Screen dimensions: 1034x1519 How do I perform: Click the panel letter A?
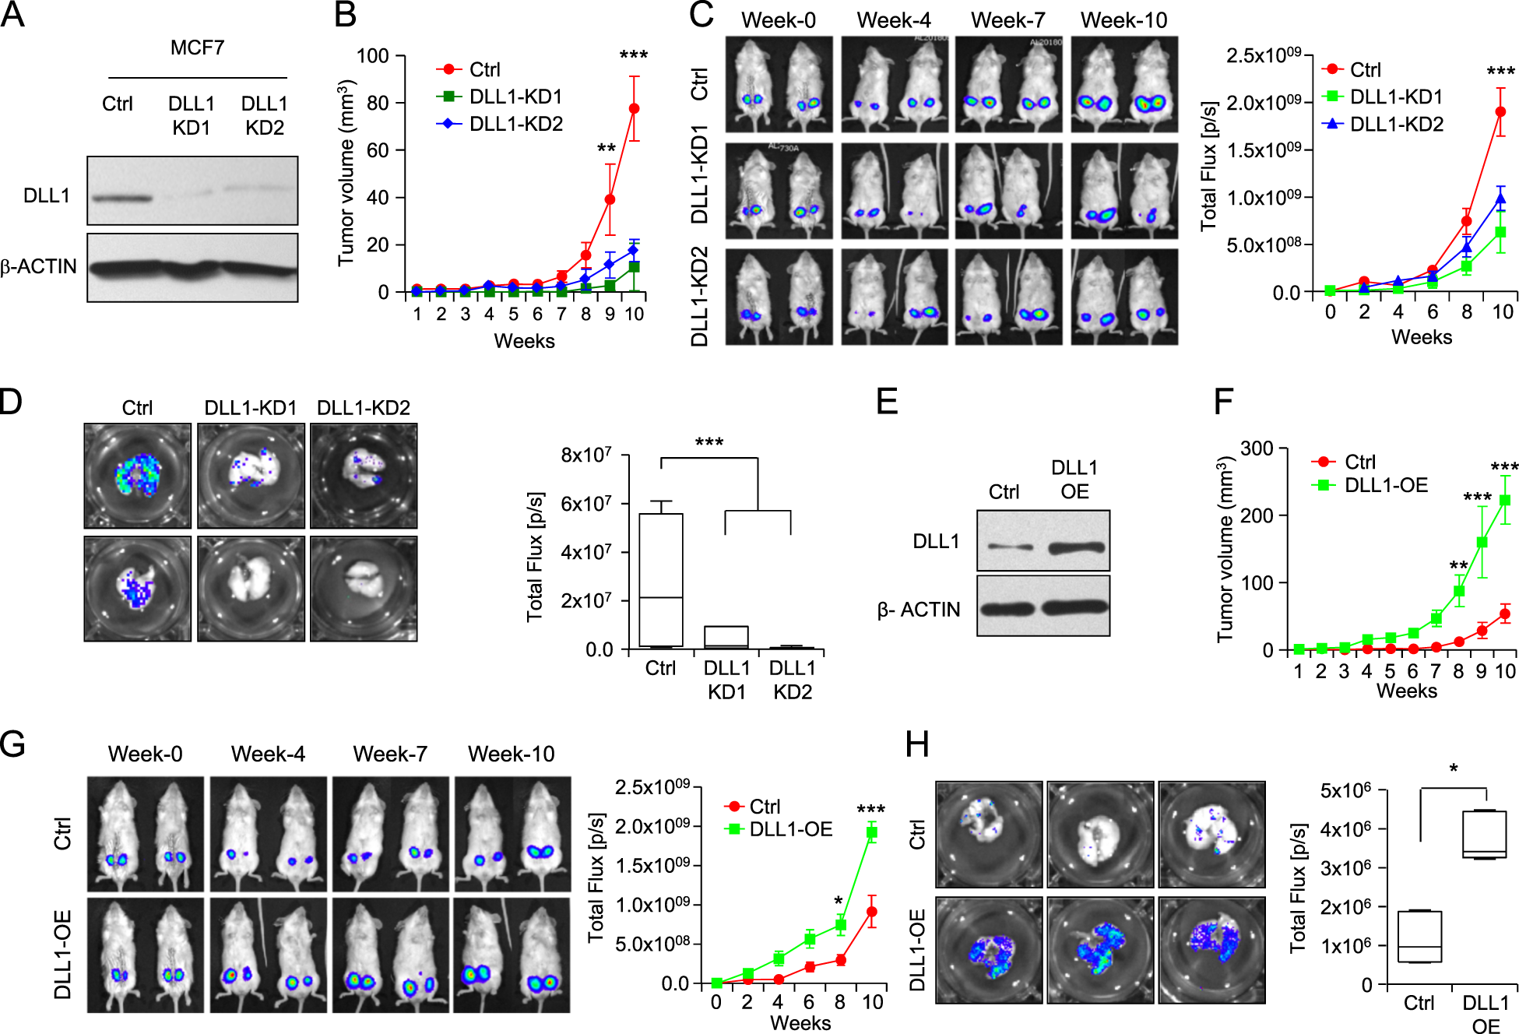click(x=13, y=16)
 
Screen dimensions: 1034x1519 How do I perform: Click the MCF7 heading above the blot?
click(x=197, y=48)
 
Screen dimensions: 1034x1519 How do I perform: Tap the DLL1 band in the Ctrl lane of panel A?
click(x=121, y=198)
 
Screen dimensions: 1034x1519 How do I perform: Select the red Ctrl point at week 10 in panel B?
click(x=634, y=109)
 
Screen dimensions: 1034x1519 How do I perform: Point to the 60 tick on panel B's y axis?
click(x=378, y=150)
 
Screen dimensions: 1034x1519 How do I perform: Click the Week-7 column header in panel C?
click(x=1007, y=20)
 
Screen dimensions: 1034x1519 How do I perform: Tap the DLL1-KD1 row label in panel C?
click(x=700, y=174)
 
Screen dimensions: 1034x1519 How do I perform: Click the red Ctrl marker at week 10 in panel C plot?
click(x=1500, y=112)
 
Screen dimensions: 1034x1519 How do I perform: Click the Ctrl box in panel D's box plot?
click(x=660, y=579)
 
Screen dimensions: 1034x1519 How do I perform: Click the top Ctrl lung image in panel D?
click(x=138, y=476)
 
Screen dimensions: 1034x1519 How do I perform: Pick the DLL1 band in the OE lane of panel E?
click(x=1076, y=547)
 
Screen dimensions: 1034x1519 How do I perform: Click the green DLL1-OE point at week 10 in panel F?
click(x=1504, y=501)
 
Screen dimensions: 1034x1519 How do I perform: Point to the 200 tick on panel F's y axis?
click(x=1257, y=515)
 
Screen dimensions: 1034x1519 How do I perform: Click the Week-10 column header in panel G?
click(x=511, y=754)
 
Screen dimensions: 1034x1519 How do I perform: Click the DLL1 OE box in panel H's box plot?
click(x=1484, y=834)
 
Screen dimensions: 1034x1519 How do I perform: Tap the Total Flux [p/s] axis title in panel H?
click(x=1297, y=888)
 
